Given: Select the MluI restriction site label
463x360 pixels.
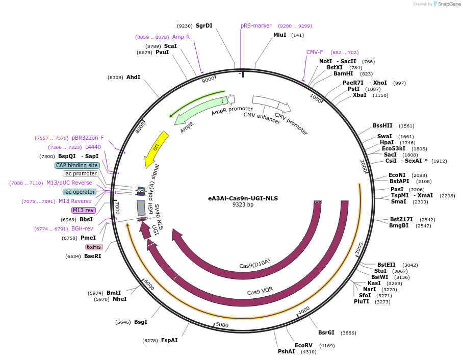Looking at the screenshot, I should point(280,35).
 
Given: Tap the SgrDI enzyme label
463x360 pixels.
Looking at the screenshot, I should point(204,25).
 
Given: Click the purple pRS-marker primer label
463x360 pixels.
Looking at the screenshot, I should point(256,25).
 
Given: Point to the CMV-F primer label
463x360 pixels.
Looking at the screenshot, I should point(315,52).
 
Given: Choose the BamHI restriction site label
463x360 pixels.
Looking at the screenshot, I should point(343,73).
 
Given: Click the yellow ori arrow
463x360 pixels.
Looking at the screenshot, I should point(156,148).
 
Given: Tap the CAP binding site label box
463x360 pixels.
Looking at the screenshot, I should point(76,165).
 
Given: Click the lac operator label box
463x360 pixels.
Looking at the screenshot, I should point(80,192).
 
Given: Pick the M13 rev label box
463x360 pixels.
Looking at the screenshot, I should point(83,210).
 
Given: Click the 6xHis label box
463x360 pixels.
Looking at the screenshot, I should point(94,247).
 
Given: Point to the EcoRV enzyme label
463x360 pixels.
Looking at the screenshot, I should point(303,345).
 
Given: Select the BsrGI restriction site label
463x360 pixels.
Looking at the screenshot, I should point(326,332).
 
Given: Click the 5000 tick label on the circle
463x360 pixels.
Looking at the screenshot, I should point(222,325).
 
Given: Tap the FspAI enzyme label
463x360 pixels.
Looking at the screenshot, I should point(169,340).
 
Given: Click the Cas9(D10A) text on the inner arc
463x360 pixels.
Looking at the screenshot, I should point(255,264).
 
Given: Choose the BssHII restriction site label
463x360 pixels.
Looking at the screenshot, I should point(382,126).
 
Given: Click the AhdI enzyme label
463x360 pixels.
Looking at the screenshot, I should point(133,77).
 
